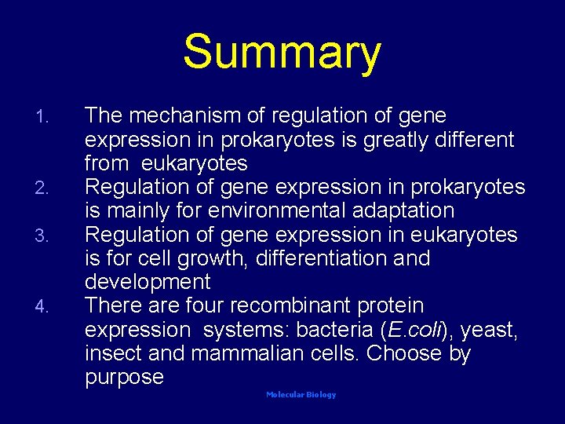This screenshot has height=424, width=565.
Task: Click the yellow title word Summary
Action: pyautogui.click(x=282, y=53)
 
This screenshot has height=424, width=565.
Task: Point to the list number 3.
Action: pyautogui.click(x=44, y=236)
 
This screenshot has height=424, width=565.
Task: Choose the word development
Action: pyautogui.click(x=148, y=282)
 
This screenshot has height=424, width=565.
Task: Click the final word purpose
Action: pyautogui.click(x=124, y=377)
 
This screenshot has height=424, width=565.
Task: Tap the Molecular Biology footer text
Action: pyautogui.click(x=301, y=395)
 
